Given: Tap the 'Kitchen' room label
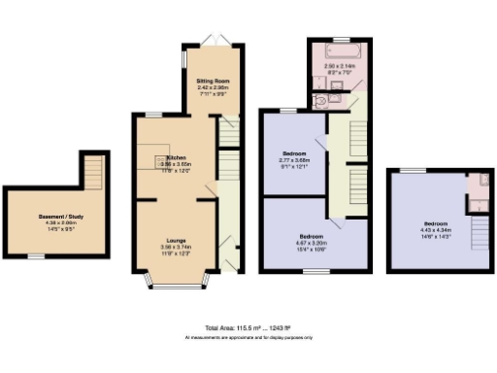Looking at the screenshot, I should (176, 157).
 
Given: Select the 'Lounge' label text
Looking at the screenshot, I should (176, 240).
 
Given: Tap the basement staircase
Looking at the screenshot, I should (94, 174).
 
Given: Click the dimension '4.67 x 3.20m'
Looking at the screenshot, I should (312, 243).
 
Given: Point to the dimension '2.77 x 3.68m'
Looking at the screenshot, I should (295, 159).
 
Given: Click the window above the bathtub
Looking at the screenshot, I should (339, 37).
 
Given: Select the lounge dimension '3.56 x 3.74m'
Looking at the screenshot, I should (176, 247).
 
